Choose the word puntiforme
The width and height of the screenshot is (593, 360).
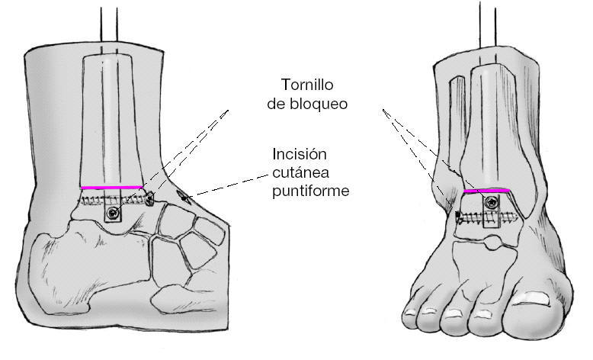pos(310,191)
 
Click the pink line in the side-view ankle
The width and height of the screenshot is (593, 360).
pos(111,187)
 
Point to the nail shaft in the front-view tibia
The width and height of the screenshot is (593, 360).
pos(487,122)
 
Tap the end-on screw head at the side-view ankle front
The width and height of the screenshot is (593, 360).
pos(149,200)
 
